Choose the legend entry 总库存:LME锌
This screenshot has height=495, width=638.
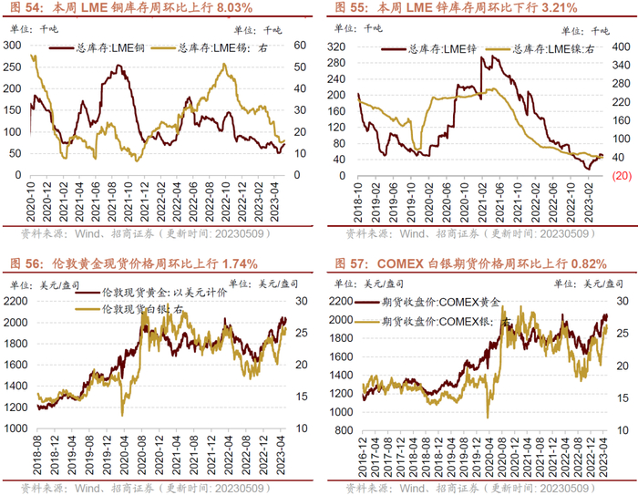coord(426,46)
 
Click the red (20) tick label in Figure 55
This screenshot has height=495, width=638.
coord(623,175)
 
